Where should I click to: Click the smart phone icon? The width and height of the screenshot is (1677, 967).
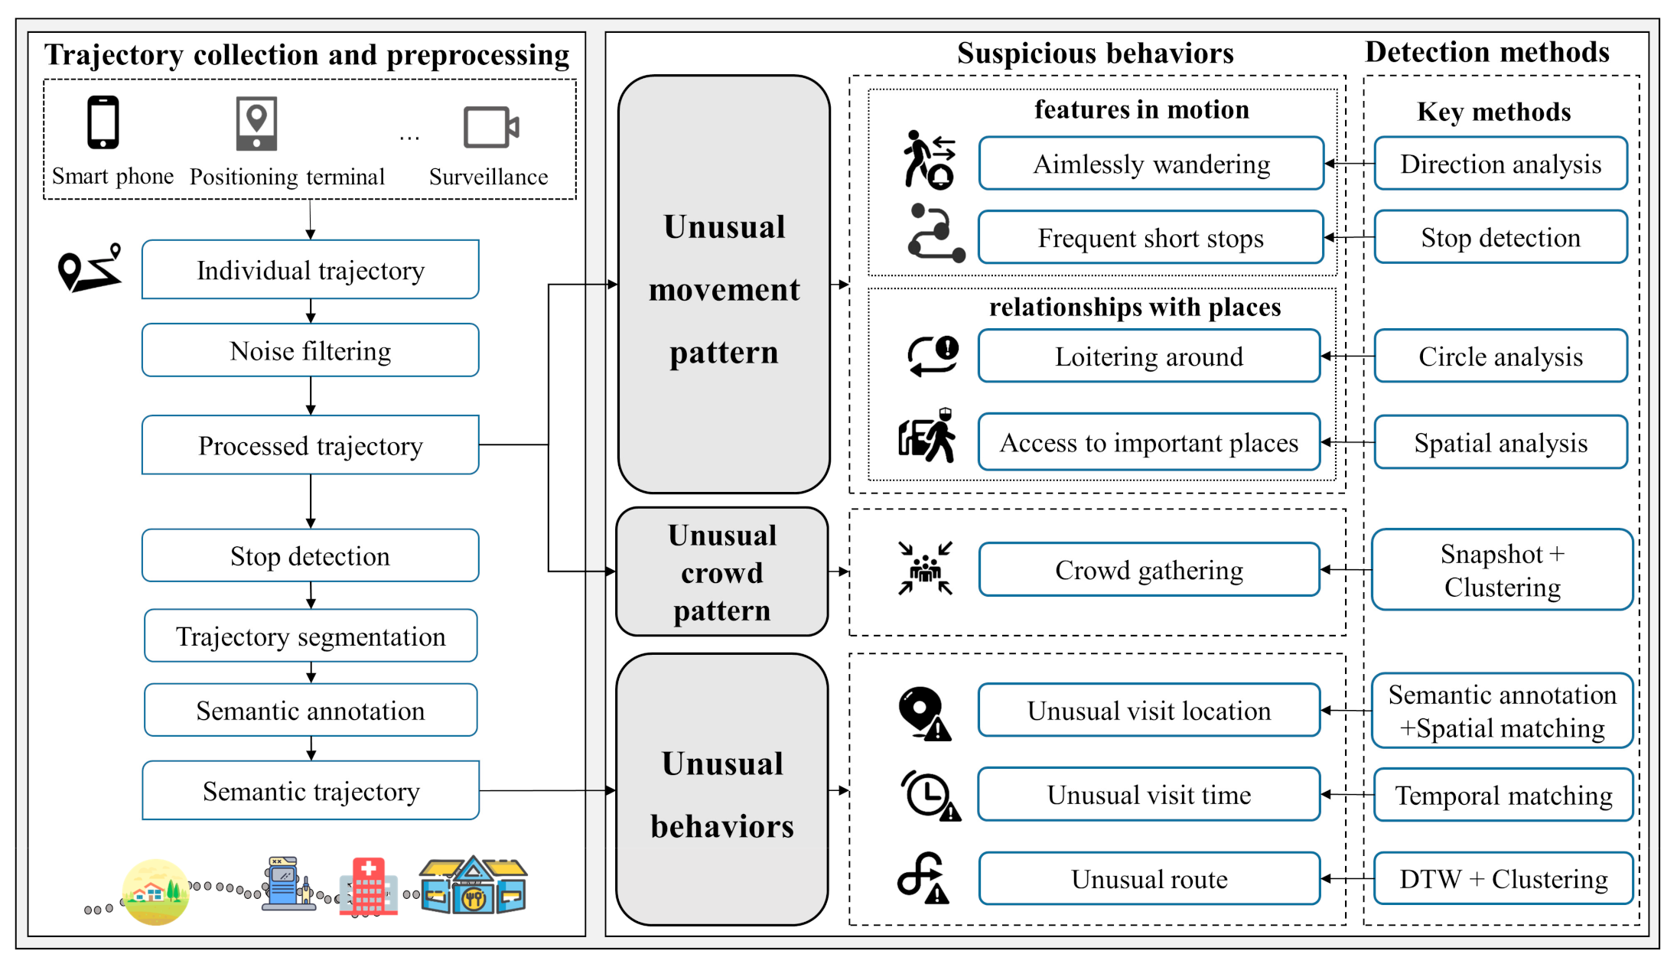[x=103, y=122]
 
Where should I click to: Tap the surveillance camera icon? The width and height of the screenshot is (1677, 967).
[x=490, y=127]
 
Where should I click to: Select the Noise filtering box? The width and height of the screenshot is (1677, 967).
[x=310, y=350]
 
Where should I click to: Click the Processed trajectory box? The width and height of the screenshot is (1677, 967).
[x=310, y=445]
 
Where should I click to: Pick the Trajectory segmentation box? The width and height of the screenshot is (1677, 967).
[x=310, y=636]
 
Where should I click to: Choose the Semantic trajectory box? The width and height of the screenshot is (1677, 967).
[x=310, y=790]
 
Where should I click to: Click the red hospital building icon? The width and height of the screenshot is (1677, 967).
[x=369, y=887]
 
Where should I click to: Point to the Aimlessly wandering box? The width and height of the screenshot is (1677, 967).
[x=1151, y=164]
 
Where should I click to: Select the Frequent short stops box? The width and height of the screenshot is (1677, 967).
[x=1151, y=238]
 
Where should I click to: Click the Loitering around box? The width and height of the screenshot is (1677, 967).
[x=1149, y=357]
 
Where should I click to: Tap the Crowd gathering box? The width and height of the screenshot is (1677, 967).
[x=1149, y=570]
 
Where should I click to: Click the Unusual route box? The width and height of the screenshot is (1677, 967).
[x=1149, y=879]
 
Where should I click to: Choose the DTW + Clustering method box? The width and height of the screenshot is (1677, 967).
[x=1503, y=879]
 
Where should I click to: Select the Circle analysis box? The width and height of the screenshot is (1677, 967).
[x=1500, y=357]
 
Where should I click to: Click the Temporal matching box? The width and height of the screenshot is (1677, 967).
[x=1503, y=796]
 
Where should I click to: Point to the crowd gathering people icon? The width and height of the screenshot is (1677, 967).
[x=926, y=568]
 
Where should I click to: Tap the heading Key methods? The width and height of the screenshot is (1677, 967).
[x=1493, y=112]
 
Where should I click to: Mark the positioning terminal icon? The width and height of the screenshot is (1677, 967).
[x=256, y=123]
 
